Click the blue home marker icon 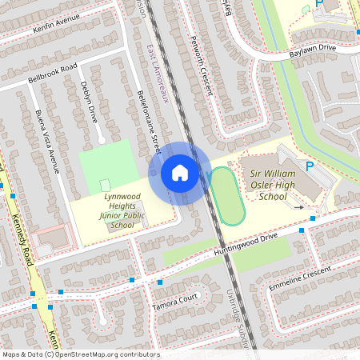pyautogui.click(x=180, y=172)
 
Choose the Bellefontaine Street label pyautogui.click(x=148, y=122)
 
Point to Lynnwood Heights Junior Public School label pyautogui.click(x=117, y=210)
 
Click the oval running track pyautogui.click(x=226, y=196)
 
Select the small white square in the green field pyautogui.click(x=105, y=186)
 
